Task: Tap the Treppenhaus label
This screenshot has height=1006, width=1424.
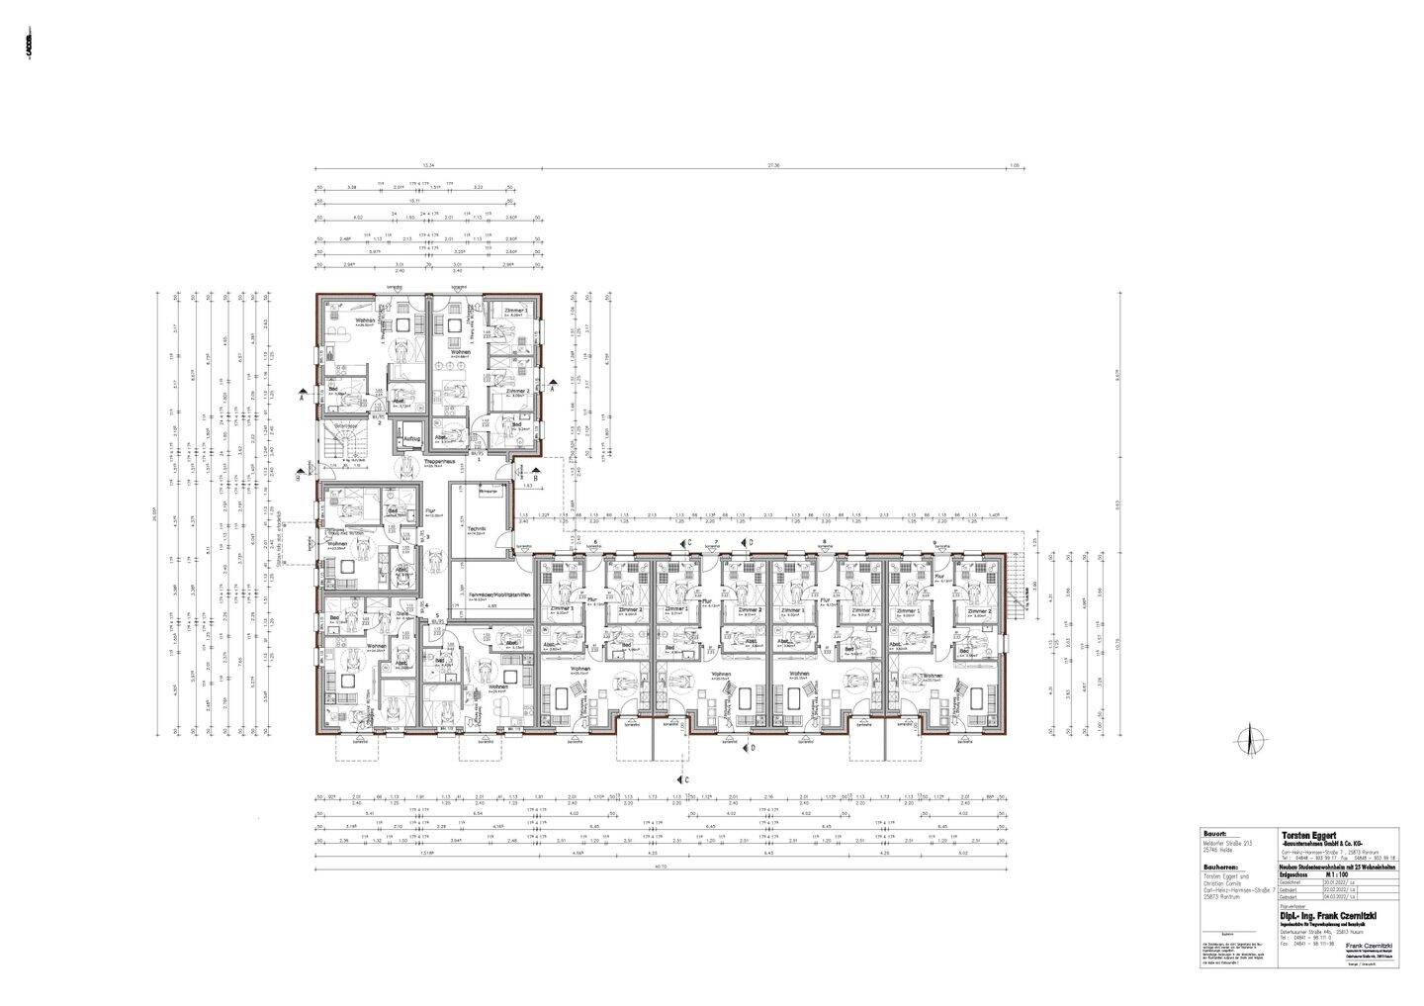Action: coord(438,461)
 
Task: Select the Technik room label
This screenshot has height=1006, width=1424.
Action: coord(476,530)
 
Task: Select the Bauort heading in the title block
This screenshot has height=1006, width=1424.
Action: coord(1215,832)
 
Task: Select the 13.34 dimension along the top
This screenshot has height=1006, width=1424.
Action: coord(427,166)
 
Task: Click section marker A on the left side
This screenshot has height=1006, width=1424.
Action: coord(301,395)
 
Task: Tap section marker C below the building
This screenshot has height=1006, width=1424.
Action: coord(687,780)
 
